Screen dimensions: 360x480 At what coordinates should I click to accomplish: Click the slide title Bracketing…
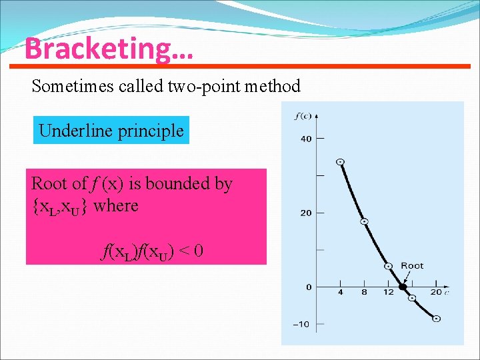[108, 49]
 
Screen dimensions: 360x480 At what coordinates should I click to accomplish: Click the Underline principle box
[111, 131]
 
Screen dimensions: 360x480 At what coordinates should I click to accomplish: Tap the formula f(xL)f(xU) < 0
[153, 251]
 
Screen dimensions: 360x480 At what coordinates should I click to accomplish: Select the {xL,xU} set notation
[61, 205]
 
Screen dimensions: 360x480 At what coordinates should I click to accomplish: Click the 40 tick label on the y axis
[305, 139]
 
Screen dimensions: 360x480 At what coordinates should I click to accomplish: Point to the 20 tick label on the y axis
[305, 213]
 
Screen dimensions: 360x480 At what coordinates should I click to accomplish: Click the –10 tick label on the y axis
[303, 325]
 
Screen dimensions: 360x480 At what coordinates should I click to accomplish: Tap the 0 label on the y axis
[309, 287]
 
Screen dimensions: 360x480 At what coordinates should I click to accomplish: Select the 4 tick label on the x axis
[340, 293]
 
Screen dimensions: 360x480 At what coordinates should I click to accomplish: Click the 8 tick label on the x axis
[364, 293]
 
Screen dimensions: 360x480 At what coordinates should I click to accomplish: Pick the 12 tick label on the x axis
[389, 293]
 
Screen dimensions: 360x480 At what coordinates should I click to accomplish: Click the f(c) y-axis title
[302, 117]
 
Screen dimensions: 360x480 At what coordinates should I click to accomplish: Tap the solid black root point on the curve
[403, 287]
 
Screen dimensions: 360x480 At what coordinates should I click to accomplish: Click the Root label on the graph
[412, 266]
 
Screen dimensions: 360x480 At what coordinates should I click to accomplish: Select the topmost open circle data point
[340, 162]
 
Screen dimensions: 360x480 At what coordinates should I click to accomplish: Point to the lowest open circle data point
[436, 319]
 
